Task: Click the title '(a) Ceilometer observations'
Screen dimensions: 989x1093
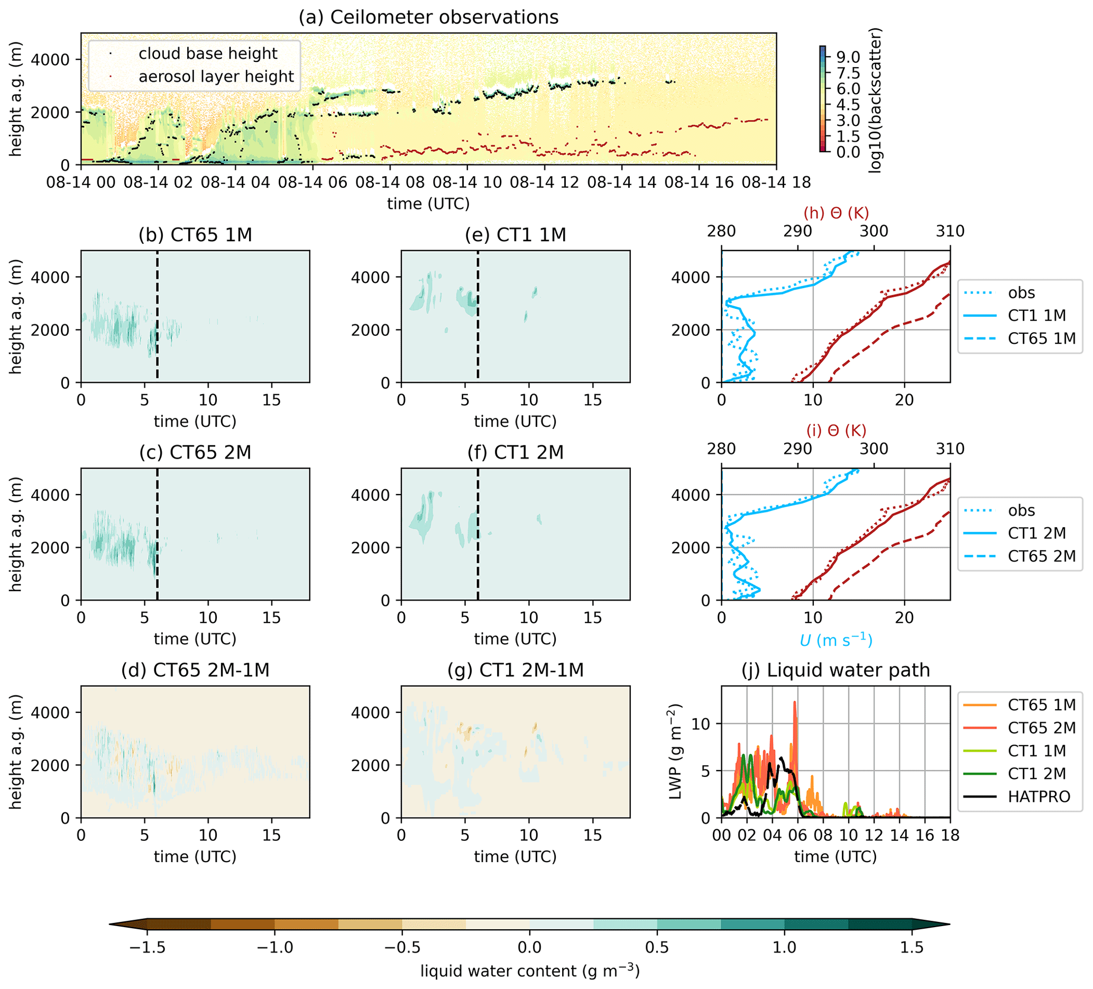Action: tap(428, 17)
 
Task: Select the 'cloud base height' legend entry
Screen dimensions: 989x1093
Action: tap(208, 53)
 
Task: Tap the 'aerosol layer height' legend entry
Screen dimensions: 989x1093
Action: tap(216, 77)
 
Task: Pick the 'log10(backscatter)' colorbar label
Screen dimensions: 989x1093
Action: tap(875, 100)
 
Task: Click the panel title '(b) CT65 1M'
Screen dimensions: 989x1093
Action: tap(195, 235)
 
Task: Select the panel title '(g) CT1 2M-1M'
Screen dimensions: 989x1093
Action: tap(515, 670)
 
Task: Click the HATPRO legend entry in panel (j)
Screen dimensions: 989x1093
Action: tap(1039, 796)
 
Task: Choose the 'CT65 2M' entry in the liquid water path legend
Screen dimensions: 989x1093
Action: tap(1042, 728)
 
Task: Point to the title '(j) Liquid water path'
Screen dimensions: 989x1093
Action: tap(835, 670)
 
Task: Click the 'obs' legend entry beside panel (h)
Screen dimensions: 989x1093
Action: tap(1021, 293)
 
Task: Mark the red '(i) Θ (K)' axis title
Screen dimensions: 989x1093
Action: tap(836, 431)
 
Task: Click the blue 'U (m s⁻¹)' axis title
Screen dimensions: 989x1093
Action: tap(835, 641)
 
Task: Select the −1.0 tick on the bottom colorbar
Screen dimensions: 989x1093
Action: tap(274, 947)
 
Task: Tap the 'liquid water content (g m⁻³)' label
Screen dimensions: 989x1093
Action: tap(530, 971)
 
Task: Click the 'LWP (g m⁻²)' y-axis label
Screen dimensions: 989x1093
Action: tap(675, 752)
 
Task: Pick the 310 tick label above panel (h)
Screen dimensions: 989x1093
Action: tap(950, 232)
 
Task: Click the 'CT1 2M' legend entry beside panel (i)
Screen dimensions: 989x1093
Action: tap(1036, 533)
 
